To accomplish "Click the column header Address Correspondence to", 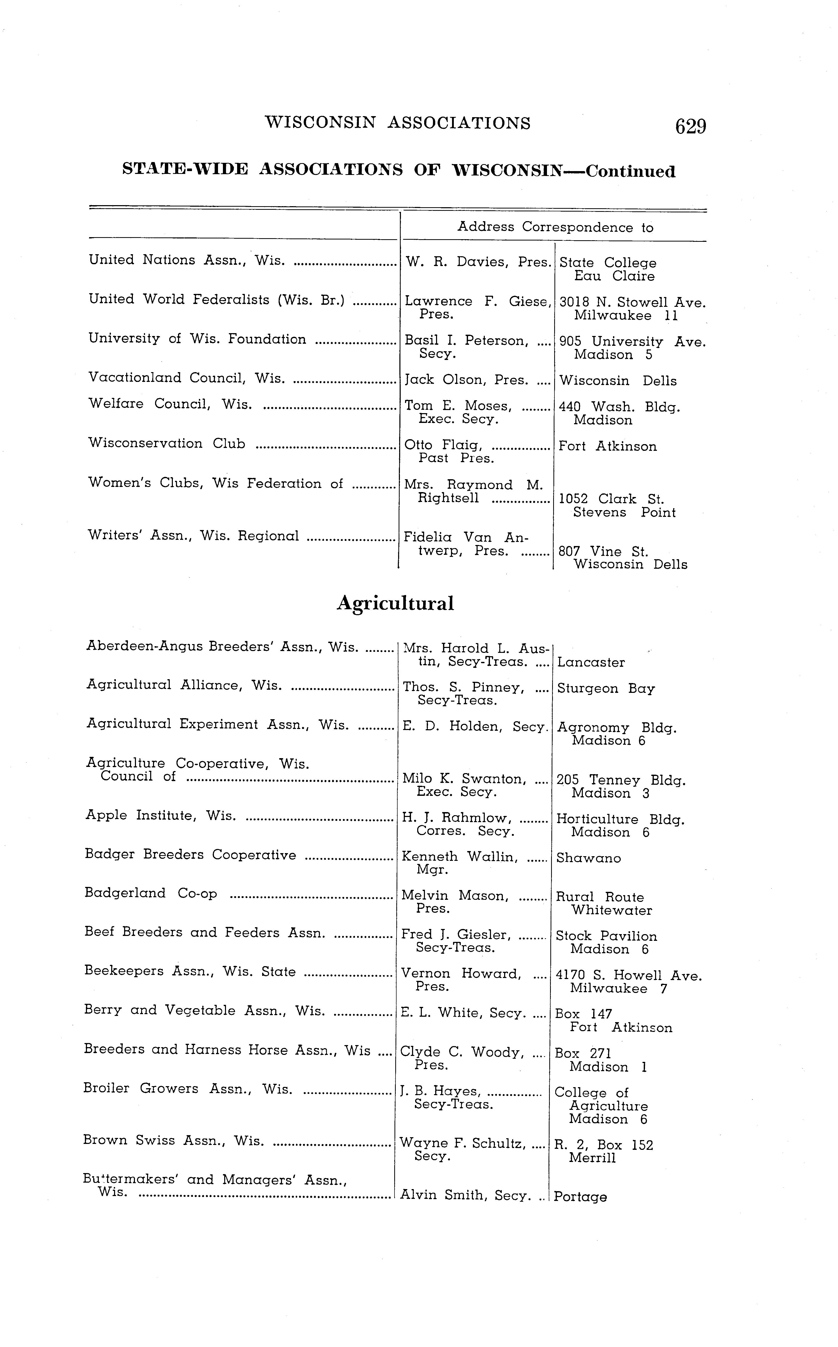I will click(x=555, y=227).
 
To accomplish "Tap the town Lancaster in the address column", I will click(x=591, y=662).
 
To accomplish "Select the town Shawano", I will click(x=589, y=858).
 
